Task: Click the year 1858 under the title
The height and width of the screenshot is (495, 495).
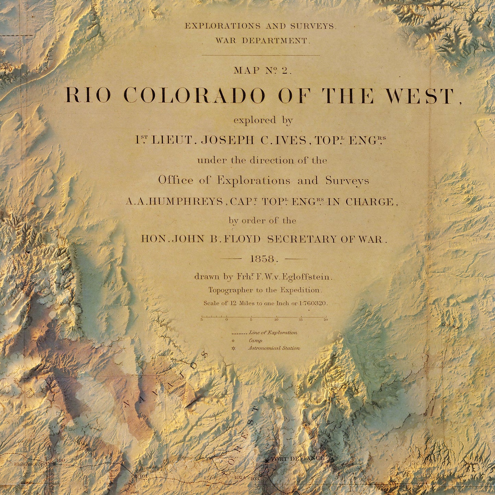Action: pyautogui.click(x=262, y=259)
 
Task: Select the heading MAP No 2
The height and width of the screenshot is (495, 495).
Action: pyautogui.click(x=262, y=71)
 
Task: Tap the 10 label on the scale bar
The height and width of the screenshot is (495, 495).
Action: pyautogui.click(x=276, y=320)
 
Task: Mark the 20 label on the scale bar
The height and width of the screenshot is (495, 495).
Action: pyautogui.click(x=326, y=320)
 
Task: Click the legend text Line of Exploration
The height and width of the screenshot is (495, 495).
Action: pyautogui.click(x=273, y=333)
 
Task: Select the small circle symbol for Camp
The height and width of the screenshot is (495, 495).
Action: pyautogui.click(x=233, y=341)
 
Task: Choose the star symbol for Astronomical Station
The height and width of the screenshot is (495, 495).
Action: pyautogui.click(x=233, y=348)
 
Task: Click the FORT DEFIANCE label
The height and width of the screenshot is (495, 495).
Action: pyautogui.click(x=297, y=458)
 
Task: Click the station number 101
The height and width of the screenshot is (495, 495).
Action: pyautogui.click(x=143, y=476)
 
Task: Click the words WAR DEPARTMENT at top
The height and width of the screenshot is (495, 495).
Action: pyautogui.click(x=262, y=40)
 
